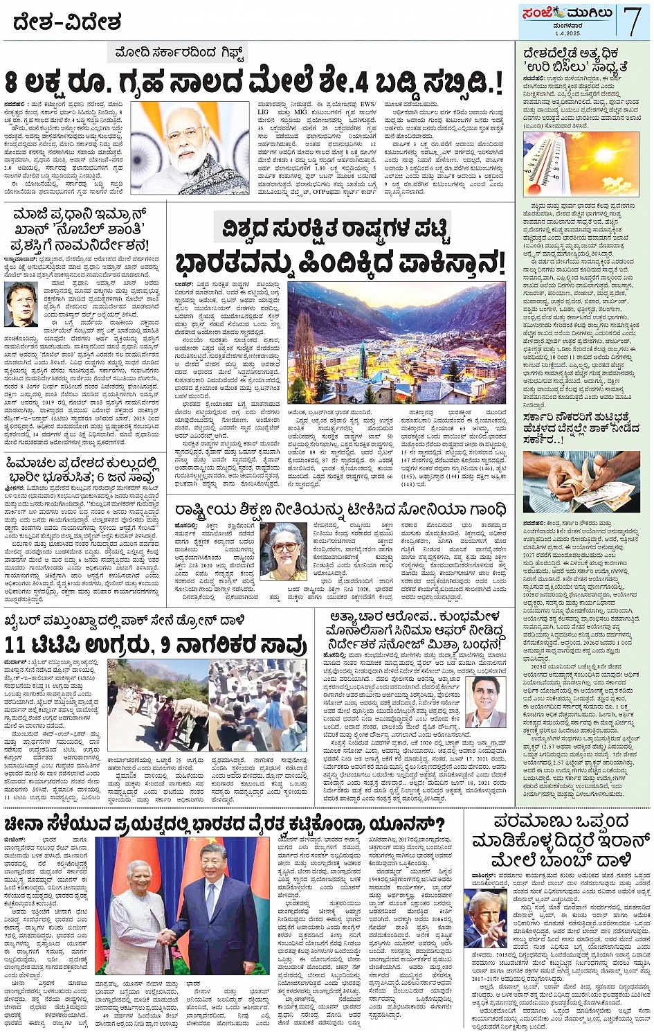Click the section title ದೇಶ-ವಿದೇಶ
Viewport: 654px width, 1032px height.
[x=66, y=23]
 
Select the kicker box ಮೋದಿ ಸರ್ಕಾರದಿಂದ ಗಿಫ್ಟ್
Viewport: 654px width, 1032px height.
[x=181, y=53]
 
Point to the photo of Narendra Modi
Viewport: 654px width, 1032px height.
[x=190, y=148]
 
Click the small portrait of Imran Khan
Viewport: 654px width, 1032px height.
[x=21, y=304]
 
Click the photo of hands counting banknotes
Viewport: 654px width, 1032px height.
[x=581, y=482]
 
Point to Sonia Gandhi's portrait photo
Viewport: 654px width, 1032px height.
[x=286, y=551]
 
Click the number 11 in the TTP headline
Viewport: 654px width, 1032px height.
[x=16, y=646]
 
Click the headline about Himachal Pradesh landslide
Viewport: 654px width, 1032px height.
[x=83, y=470]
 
